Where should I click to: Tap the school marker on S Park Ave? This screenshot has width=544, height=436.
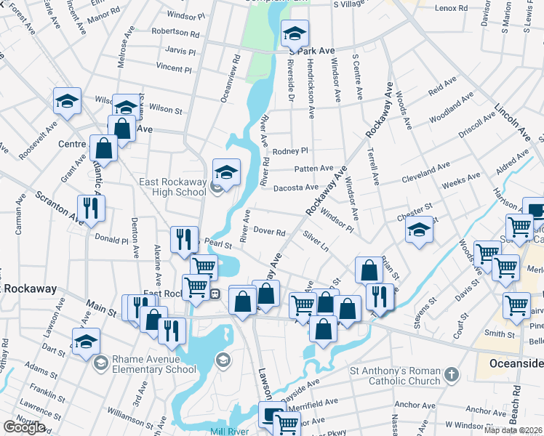click(x=295, y=33)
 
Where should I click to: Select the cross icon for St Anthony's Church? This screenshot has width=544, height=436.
click(x=451, y=375)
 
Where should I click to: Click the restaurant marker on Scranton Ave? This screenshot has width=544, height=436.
click(x=92, y=209)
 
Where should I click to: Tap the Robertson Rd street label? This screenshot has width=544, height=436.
click(x=175, y=33)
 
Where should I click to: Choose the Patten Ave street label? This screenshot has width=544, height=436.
click(x=313, y=169)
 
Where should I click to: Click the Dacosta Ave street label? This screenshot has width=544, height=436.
click(x=295, y=187)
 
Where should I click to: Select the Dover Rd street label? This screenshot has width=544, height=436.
click(x=268, y=233)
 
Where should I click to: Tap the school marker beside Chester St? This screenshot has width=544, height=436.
click(x=419, y=230)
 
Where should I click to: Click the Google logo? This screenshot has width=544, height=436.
click(x=24, y=427)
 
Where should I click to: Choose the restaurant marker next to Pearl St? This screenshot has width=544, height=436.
click(x=183, y=239)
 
